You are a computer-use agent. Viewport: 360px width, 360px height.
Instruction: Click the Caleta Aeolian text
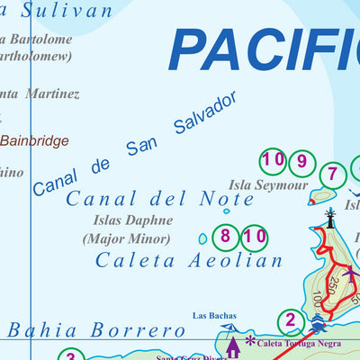189,260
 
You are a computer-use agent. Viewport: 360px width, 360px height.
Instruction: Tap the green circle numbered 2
290,320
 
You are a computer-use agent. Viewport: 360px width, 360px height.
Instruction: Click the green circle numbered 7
333,175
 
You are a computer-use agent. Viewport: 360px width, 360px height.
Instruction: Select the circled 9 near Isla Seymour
302,163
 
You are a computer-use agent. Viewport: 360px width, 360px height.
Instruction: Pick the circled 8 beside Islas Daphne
227,238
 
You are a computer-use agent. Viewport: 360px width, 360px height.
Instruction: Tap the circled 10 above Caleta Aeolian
255,238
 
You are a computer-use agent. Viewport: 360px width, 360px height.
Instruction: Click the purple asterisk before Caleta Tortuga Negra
250,341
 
